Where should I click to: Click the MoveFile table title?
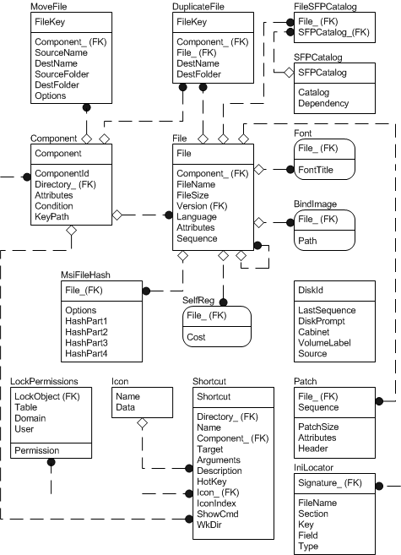point(49,6)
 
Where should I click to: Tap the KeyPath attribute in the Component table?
point(52,216)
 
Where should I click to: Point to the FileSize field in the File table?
point(193,194)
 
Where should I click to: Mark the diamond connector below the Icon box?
point(143,422)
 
